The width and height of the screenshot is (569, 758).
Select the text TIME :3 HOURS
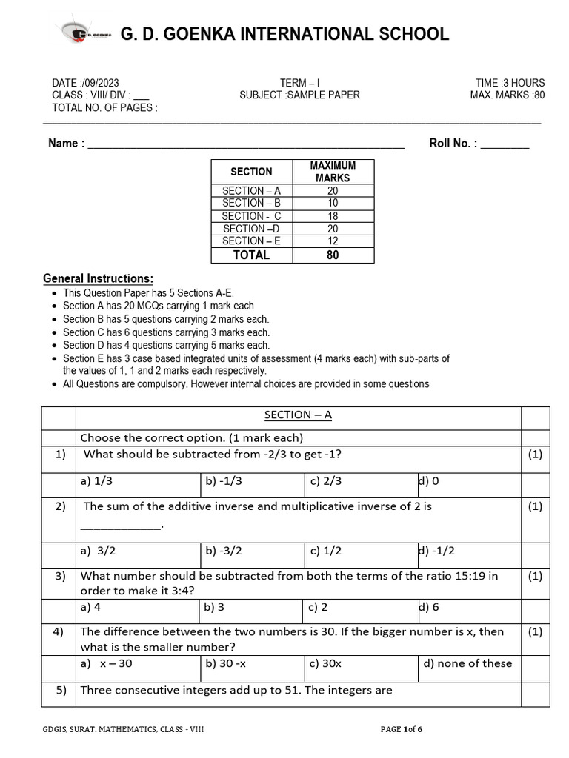[x=510, y=83]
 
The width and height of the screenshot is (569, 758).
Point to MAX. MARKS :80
[x=507, y=95]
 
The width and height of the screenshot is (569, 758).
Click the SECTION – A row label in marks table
[x=251, y=190]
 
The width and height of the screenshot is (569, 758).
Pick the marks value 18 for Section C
[x=333, y=216]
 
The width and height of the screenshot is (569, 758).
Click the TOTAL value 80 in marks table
[x=333, y=255]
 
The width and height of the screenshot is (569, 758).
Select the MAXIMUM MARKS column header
[x=333, y=172]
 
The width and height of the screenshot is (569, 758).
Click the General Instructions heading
[x=99, y=278]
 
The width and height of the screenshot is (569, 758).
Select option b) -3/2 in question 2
[x=224, y=551]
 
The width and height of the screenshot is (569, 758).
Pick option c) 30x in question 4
[x=326, y=663]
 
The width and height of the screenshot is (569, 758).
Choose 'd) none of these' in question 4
[x=467, y=663]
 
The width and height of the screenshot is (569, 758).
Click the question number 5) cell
[x=59, y=691]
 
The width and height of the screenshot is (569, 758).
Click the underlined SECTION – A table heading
[x=298, y=415]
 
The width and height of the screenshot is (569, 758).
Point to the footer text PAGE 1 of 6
[x=401, y=730]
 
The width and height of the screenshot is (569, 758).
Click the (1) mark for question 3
[x=535, y=576]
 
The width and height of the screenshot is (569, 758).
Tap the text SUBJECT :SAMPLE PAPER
[x=299, y=95]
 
